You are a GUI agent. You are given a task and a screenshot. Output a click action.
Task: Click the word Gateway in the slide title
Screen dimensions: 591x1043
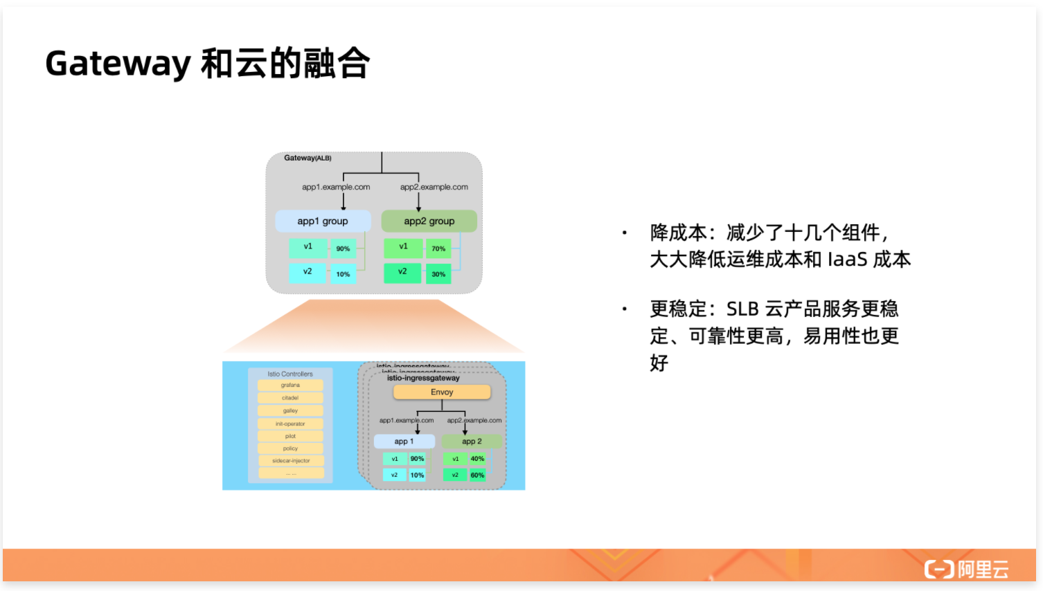(x=118, y=64)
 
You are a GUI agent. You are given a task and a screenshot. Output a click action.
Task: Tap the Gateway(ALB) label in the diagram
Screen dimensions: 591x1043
(x=307, y=158)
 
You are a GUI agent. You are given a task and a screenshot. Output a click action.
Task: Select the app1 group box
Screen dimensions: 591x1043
(x=323, y=221)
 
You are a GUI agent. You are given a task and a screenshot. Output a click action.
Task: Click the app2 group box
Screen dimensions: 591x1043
(x=429, y=221)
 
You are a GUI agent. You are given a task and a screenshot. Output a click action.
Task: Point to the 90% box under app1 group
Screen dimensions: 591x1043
(x=343, y=248)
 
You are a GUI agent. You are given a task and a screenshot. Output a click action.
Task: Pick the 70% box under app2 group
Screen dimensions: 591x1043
(x=438, y=248)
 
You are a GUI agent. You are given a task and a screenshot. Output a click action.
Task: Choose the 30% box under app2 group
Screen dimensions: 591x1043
(x=438, y=274)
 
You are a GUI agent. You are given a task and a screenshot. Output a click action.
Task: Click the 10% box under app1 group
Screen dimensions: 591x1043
(x=343, y=274)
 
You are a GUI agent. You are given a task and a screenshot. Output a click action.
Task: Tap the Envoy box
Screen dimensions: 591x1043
(x=442, y=392)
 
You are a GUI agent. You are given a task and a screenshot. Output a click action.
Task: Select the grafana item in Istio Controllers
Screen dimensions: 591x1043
(x=290, y=385)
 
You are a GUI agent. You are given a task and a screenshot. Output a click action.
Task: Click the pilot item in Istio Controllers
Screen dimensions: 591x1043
(x=290, y=436)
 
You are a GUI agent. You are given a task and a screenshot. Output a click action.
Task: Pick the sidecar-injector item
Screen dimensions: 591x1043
(x=291, y=461)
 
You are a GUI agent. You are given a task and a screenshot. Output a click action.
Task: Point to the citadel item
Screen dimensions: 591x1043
(x=290, y=398)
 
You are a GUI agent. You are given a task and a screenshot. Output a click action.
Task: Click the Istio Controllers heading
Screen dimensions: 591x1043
(x=290, y=374)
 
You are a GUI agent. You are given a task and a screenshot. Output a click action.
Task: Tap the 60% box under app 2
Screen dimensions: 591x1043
(x=477, y=475)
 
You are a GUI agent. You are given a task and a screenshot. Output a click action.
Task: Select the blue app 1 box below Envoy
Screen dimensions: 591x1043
(x=404, y=442)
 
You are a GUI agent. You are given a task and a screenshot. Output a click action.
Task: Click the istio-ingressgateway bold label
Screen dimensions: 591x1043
(x=423, y=379)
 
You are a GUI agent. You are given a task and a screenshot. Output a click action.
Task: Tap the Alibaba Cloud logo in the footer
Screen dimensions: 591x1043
(x=966, y=569)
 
